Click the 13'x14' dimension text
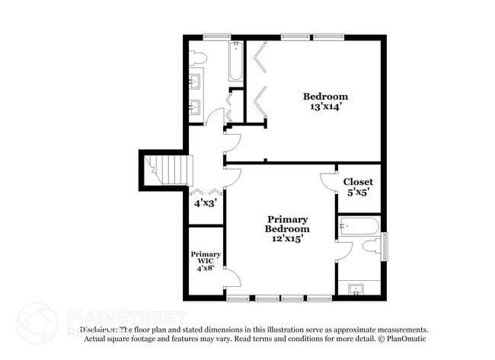(x=325, y=107)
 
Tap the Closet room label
(x=358, y=182)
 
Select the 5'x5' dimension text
(x=358, y=193)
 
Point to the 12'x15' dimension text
(x=287, y=239)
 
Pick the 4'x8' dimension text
(x=206, y=268)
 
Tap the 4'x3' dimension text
(x=205, y=204)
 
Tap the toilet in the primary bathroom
(x=371, y=246)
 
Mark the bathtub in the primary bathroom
(x=359, y=225)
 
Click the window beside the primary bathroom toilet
(x=385, y=246)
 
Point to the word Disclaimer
(x=99, y=330)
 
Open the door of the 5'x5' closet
(x=328, y=181)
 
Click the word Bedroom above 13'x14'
(x=325, y=97)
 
